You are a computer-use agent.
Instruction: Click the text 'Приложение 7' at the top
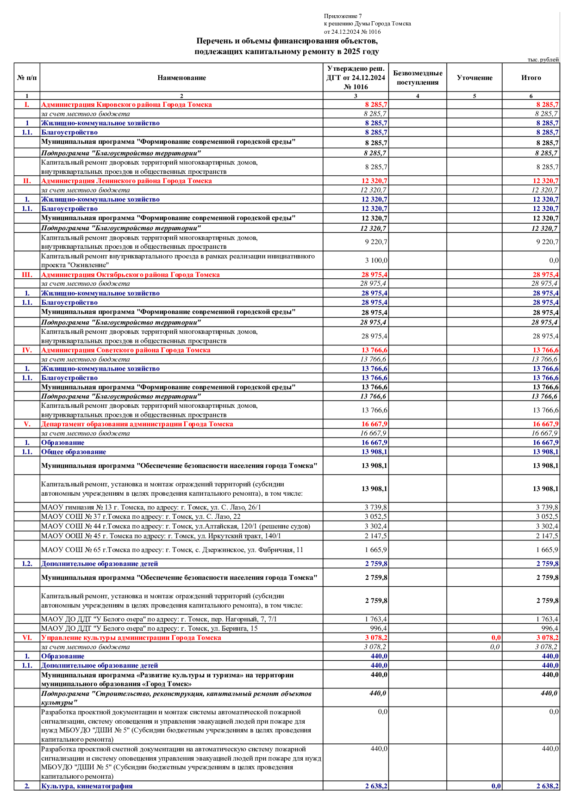pos(343,16)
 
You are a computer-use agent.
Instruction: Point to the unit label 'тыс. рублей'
pos(543,60)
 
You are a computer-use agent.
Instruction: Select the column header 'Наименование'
pos(181,78)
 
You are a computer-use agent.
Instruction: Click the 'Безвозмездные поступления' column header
pos(418,78)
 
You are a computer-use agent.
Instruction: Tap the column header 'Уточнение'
pos(474,78)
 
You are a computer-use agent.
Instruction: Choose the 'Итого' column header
pos(531,78)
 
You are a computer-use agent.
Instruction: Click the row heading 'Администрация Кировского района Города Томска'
pos(126,104)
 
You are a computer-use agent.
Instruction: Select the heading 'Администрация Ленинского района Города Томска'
pos(126,181)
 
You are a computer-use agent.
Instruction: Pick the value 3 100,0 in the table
pos(376,260)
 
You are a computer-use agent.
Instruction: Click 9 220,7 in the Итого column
pos(547,242)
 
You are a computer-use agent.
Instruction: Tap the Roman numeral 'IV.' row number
pos(27,350)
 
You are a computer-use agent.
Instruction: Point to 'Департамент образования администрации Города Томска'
pos(137,424)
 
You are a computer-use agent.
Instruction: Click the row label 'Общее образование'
pos(74,452)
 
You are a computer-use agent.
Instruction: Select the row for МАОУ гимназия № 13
pos(151,507)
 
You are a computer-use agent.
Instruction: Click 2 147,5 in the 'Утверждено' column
pos(376,536)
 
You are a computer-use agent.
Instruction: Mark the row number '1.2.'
pos(27,564)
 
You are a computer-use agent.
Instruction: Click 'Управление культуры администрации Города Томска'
pos(131,638)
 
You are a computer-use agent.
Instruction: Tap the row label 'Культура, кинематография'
pos(87,786)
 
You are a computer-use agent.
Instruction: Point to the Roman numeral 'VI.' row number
pos(27,638)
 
